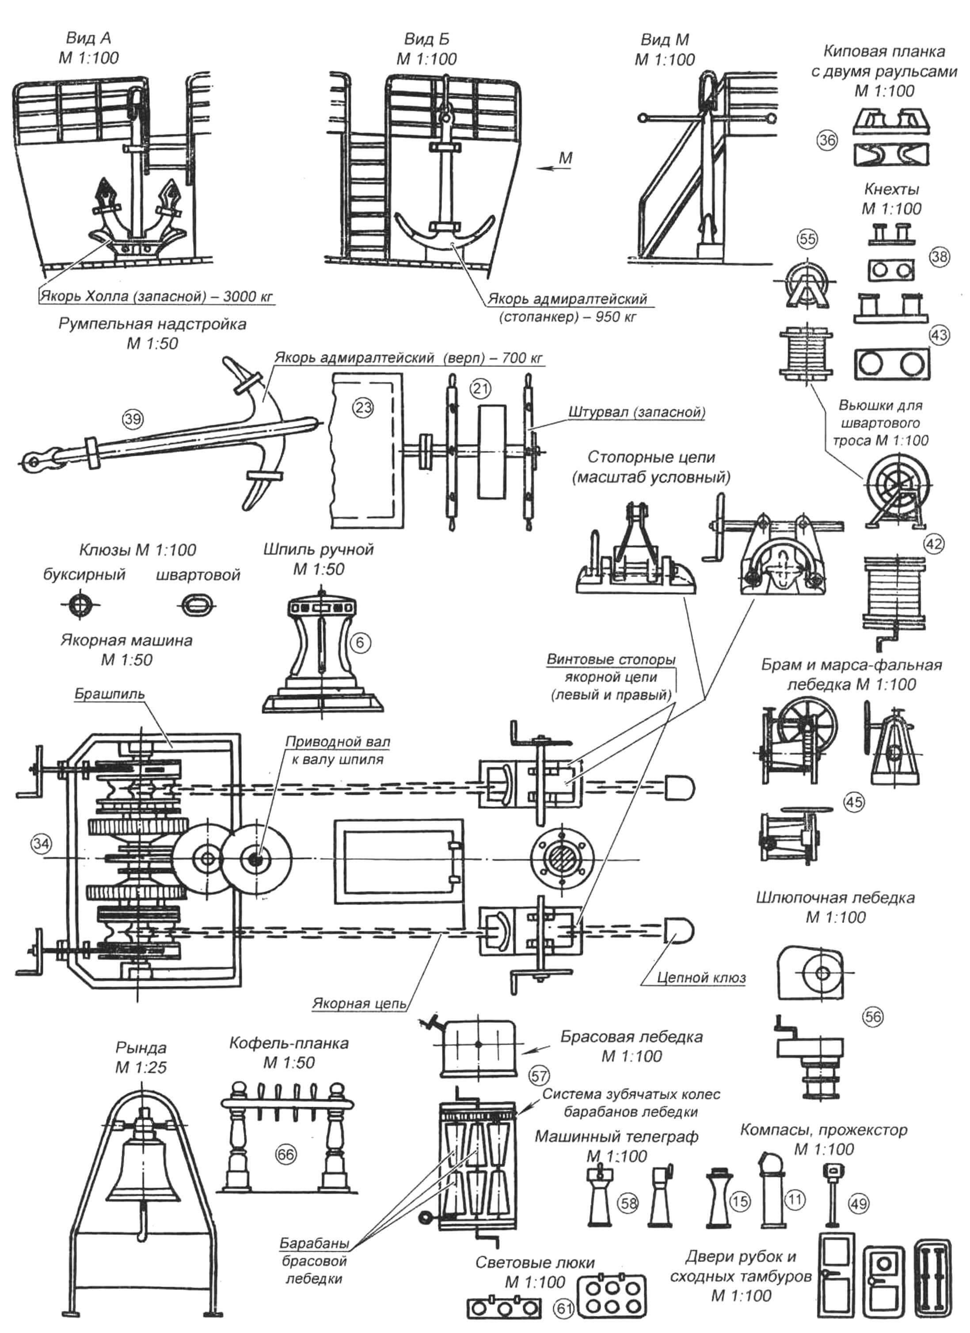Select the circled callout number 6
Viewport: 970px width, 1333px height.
pos(360,642)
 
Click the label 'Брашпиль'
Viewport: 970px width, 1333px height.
pos(109,694)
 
